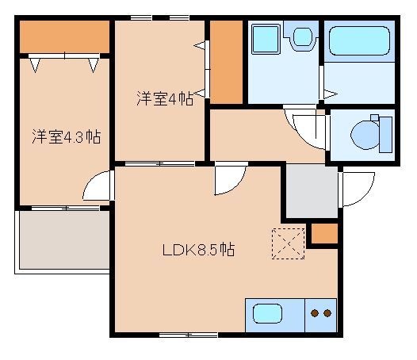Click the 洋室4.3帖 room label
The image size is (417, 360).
66,136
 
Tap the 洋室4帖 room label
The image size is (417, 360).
165,99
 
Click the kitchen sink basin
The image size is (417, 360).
267,312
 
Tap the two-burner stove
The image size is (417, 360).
321,313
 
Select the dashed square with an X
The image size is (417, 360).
288,242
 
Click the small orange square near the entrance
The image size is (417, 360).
323,235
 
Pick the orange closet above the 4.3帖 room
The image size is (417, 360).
64,36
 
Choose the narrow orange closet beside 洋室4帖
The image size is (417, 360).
226,62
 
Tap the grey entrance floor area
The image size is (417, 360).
310,191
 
